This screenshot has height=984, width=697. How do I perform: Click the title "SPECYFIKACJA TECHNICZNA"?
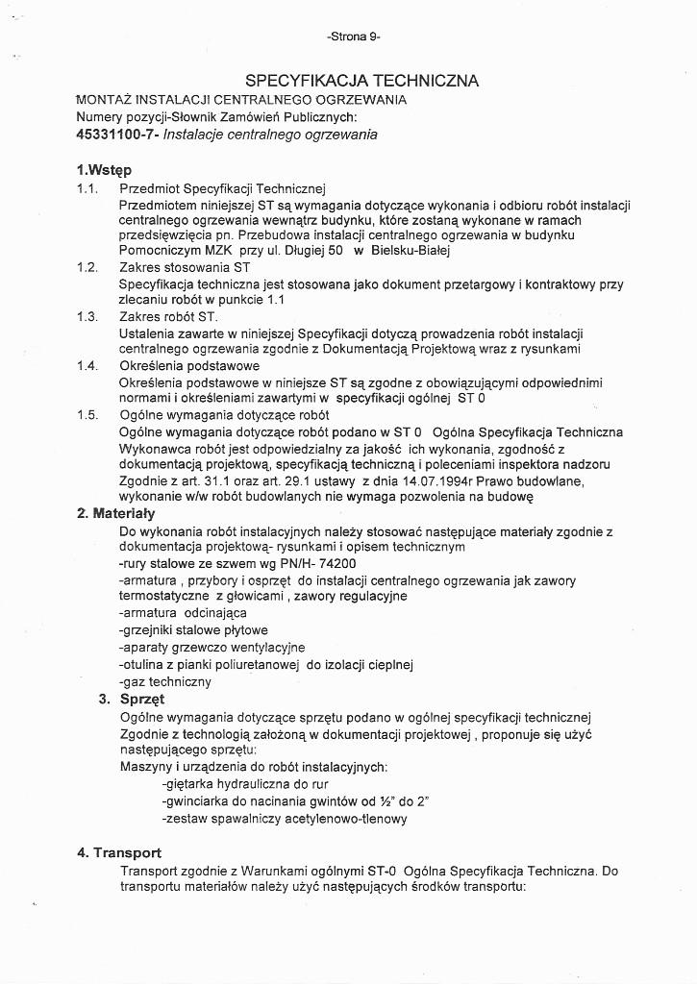tap(362, 81)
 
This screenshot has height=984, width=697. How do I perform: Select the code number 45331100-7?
tap(116, 135)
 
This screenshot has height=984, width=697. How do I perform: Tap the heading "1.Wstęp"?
tap(103, 170)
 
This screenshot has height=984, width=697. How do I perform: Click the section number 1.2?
tap(87, 267)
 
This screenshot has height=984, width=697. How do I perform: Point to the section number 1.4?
tap(87, 365)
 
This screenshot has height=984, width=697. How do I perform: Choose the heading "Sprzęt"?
tap(142, 699)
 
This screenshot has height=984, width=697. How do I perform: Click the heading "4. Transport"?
tap(119, 852)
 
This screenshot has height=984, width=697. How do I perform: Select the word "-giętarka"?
tap(188, 784)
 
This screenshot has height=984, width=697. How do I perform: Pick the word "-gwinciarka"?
tap(195, 801)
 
